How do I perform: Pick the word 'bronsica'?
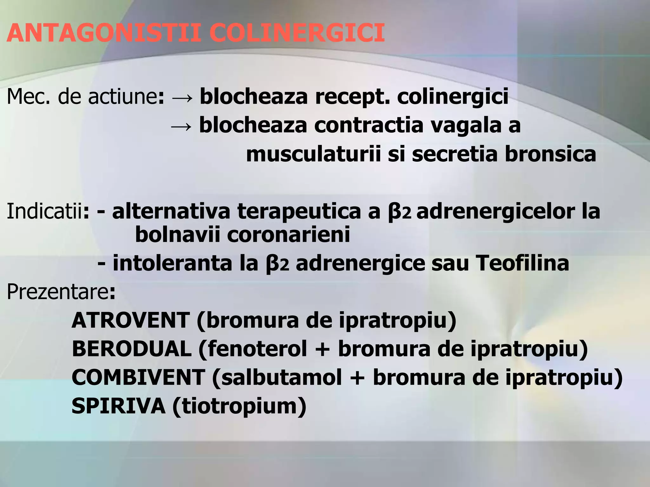(x=550, y=154)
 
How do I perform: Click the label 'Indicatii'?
(x=44, y=211)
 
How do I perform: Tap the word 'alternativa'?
(x=171, y=211)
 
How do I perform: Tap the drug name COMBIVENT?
(x=138, y=377)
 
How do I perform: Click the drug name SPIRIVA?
(x=118, y=406)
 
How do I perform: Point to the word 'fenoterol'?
(x=257, y=349)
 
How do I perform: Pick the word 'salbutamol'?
(x=281, y=377)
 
